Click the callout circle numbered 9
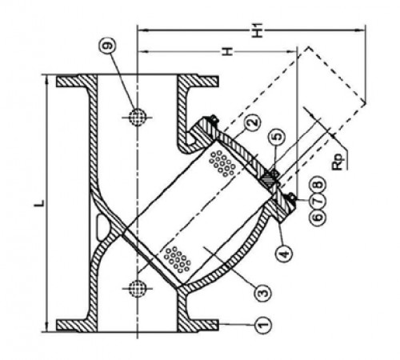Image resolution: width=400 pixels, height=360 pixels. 108,46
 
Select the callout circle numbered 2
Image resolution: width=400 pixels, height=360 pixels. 253,122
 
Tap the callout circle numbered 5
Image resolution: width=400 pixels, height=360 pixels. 278,136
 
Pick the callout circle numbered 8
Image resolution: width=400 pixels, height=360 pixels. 318,185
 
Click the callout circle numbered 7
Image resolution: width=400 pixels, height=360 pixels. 318,201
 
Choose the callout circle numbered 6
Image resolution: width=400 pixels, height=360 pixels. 318,217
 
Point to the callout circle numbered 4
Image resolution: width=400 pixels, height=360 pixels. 284,253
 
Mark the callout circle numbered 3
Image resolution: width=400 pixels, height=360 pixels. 263,293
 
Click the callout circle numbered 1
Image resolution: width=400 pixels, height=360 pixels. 263,325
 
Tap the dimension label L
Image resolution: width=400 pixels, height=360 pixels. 39,203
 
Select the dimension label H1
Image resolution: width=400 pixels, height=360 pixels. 258,30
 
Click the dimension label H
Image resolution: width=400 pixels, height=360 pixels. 227,51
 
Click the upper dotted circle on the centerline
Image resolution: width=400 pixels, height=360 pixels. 138,117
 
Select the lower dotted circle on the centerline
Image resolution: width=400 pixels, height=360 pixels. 138,288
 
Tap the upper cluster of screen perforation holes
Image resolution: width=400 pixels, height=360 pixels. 222,163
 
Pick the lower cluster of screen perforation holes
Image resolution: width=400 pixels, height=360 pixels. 178,259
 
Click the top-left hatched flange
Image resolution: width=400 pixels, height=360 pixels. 77,81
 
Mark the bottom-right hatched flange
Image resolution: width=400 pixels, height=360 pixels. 198,326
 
